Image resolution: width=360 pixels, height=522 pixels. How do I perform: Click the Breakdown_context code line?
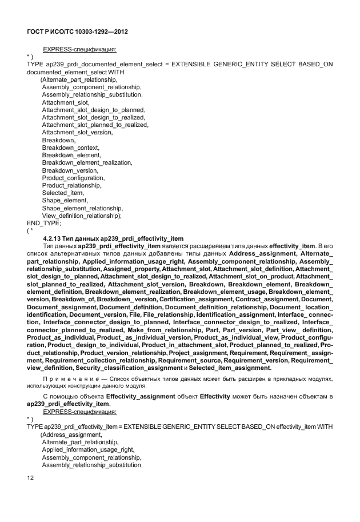[x=70, y=148]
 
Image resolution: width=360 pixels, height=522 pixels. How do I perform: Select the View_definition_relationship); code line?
[x=86, y=216]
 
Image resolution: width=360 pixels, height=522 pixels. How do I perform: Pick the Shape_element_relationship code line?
[x=82, y=208]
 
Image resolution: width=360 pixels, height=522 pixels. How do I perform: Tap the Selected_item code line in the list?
[x=63, y=193]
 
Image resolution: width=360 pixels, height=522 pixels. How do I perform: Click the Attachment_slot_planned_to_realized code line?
[x=95, y=125]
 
